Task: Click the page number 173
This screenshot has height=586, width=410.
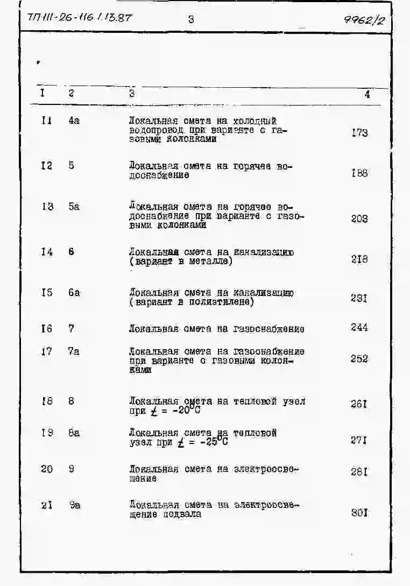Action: [359, 132]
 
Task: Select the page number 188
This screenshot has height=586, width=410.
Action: [359, 173]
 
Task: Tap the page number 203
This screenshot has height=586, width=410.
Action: [359, 218]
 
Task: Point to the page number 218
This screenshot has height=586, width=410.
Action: [359, 259]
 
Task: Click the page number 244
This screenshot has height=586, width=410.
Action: [359, 327]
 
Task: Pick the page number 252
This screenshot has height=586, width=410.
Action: [359, 359]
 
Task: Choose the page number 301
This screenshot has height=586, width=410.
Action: [359, 513]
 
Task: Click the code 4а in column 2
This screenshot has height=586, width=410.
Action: [74, 121]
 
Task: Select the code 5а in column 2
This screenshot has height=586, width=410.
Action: [74, 206]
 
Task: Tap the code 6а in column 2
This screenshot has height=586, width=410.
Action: [74, 293]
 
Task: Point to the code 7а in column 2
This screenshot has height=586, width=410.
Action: [74, 351]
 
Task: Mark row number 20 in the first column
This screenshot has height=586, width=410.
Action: [47, 469]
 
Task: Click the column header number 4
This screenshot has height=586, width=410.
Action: [366, 94]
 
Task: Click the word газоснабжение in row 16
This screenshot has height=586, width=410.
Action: [268, 329]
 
